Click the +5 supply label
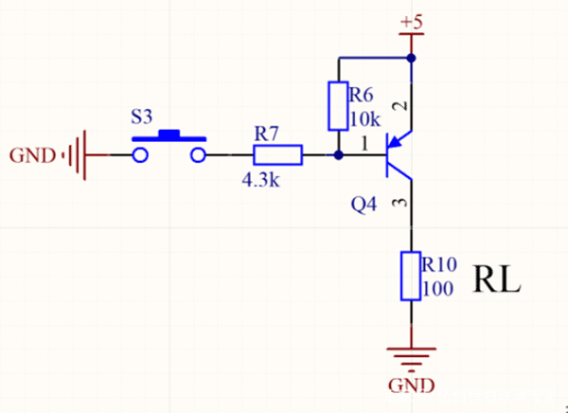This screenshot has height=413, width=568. point(413,21)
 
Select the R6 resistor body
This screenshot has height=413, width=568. point(338,106)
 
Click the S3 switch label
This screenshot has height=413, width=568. point(140,118)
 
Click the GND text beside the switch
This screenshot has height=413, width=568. point(31,154)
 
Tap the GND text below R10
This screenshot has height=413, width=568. point(412,386)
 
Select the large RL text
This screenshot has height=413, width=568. point(497,281)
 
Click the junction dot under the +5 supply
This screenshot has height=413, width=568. point(411,59)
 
